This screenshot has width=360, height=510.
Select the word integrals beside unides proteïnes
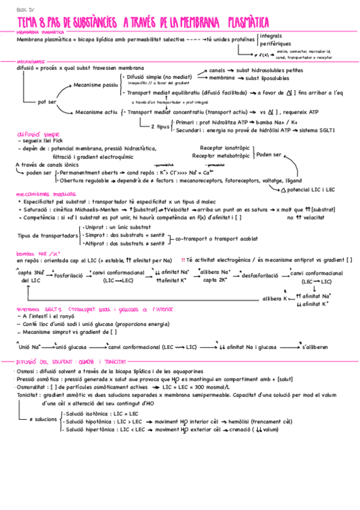pos(273,36)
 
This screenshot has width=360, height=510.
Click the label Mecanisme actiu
pos(96,112)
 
